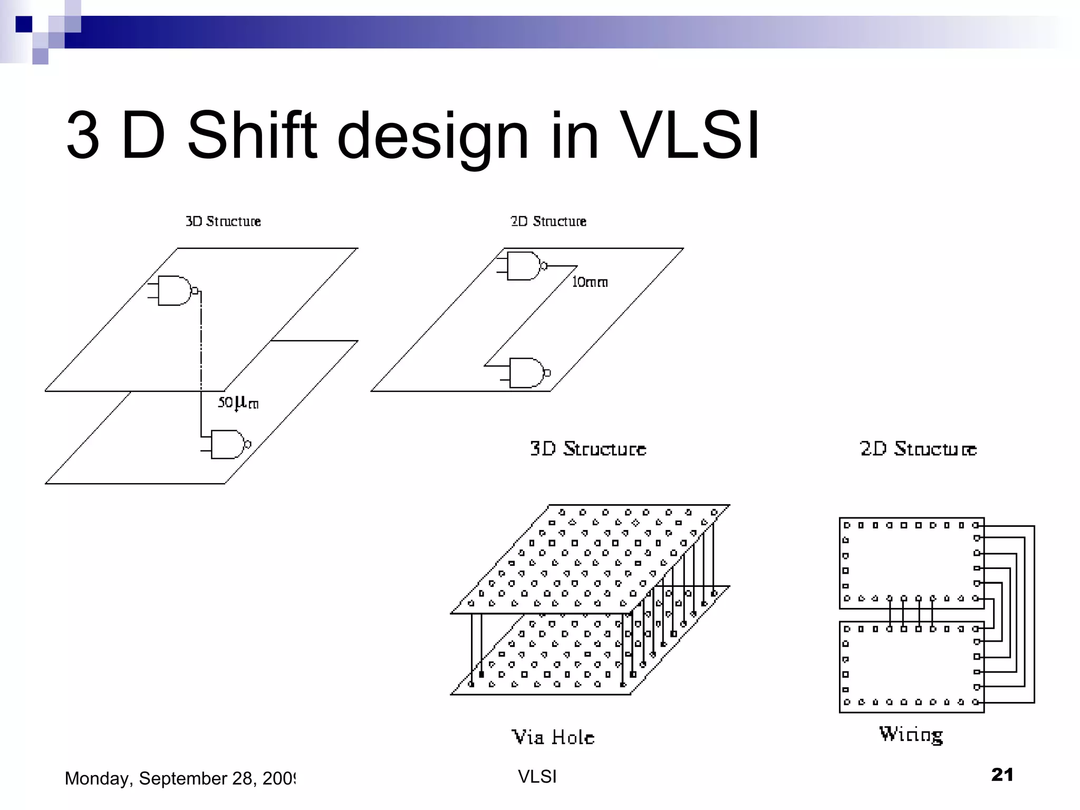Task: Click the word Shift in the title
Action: tap(252, 136)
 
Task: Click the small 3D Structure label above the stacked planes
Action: tap(223, 221)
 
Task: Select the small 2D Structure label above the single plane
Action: tap(548, 221)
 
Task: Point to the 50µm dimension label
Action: tap(238, 403)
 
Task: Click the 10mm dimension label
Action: tap(590, 283)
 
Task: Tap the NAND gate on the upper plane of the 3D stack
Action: tap(175, 291)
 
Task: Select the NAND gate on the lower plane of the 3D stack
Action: tap(227, 445)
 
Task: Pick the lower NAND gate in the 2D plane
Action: tap(526, 373)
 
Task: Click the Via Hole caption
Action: tap(553, 737)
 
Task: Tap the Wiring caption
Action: tap(911, 735)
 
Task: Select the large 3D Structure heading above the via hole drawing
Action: tap(587, 449)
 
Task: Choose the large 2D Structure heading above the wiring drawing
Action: tap(918, 449)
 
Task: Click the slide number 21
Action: tap(1002, 775)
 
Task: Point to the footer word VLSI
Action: tap(537, 777)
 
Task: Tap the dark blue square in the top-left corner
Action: tap(24, 24)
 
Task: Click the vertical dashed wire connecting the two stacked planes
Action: tap(201, 343)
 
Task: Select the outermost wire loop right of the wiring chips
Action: tap(1034, 614)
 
